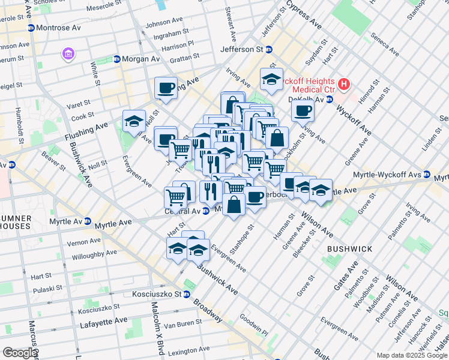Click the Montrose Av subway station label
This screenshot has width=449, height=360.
(58, 28)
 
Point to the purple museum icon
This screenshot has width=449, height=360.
(68, 55)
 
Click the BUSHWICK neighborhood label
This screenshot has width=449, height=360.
(349, 248)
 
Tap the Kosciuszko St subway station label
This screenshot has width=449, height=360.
(157, 295)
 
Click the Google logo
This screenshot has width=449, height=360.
(19, 353)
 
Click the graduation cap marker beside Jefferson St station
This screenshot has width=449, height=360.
(271, 79)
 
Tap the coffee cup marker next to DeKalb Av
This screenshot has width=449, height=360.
(303, 110)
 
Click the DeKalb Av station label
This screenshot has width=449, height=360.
(310, 98)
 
